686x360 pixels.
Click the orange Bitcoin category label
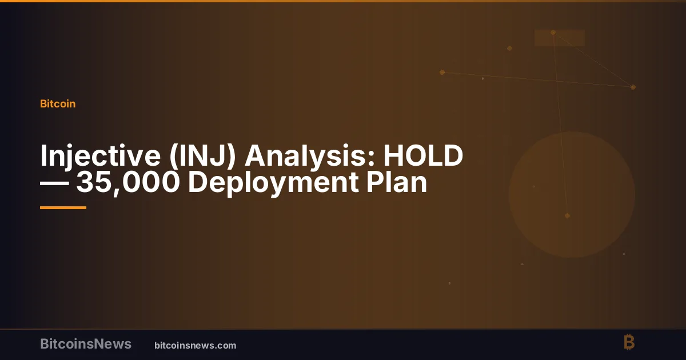pos(58,104)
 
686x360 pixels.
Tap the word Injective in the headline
pos(101,157)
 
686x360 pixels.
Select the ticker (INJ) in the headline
pos(202,157)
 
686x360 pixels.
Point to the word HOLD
pos(423,155)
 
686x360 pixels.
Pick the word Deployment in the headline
pos(273,183)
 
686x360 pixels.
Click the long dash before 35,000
pos(54,183)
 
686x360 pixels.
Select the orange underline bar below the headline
pos(63,208)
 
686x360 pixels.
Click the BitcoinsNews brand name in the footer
pos(86,344)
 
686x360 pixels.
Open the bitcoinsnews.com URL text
pos(196,346)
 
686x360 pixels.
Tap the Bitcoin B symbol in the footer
pos(629,342)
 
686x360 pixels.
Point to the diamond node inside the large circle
pos(567,216)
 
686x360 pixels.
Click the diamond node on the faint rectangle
pos(553,33)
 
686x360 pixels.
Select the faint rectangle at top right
pos(560,38)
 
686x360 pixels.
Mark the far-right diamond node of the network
pos(633,87)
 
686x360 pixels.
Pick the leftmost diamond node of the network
pos(442,72)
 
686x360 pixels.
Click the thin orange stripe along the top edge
pos(343,1)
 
